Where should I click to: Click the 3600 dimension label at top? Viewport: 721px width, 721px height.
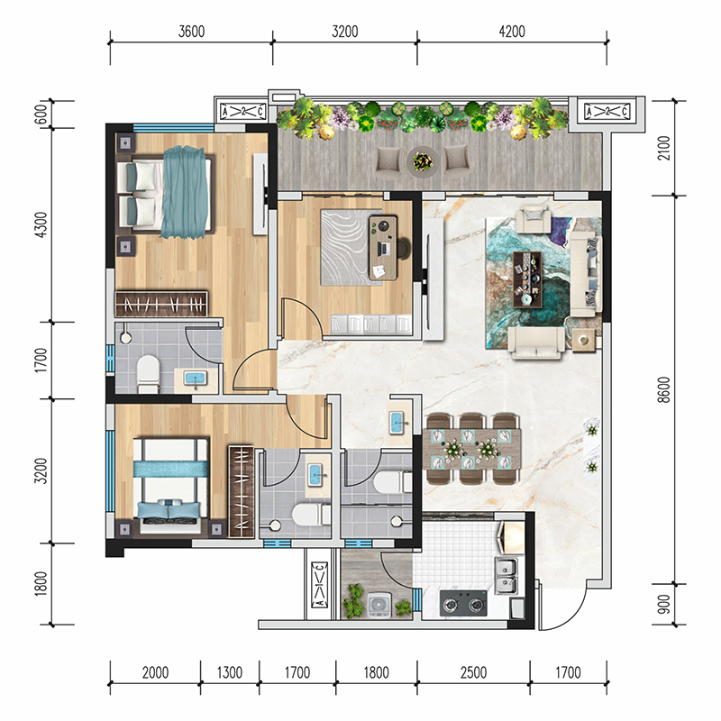click(191, 32)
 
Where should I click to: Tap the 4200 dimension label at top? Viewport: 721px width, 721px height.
click(512, 32)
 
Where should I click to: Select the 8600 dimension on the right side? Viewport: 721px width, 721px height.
click(664, 390)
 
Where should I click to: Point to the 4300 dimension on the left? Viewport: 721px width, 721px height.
click(41, 224)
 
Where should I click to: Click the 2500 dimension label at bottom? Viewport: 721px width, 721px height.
click(474, 672)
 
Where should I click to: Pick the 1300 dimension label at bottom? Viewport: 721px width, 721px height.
click(230, 672)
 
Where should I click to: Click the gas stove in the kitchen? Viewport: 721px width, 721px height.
click(463, 603)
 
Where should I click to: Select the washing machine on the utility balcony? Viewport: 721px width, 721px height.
click(379, 605)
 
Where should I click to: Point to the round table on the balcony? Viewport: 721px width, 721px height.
click(423, 161)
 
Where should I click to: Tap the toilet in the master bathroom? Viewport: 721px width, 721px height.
click(148, 373)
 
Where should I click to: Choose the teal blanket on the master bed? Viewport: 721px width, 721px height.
click(184, 192)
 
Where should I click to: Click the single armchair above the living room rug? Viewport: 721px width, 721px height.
click(534, 219)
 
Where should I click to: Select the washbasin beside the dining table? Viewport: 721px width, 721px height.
click(397, 423)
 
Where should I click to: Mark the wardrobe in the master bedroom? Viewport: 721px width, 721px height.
click(161, 304)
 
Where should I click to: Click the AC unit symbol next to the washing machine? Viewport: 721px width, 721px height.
click(320, 584)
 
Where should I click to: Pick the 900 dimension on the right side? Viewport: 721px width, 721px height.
click(664, 605)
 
